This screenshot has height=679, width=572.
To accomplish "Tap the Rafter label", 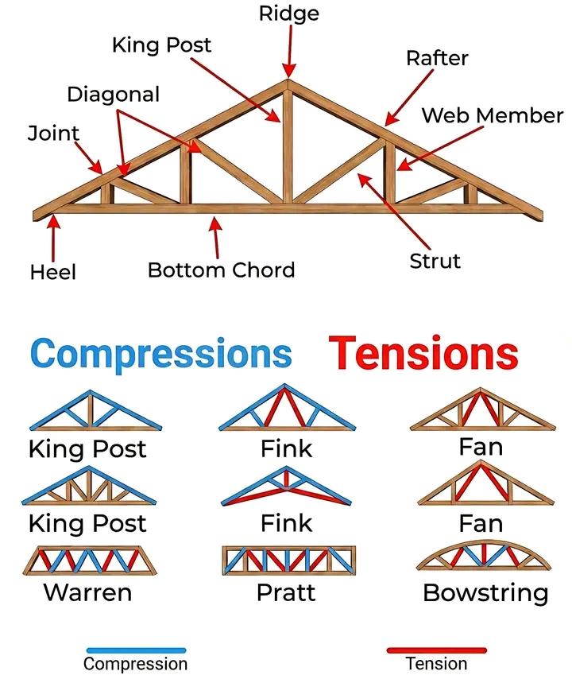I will pos(437,58).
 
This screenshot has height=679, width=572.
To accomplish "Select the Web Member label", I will pos(492,115).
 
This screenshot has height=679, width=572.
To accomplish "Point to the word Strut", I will pos(435,261).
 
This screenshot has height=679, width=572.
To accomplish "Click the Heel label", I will pos(53,273).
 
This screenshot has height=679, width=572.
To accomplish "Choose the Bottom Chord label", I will pos(221,270).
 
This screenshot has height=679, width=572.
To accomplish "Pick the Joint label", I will pos(53,133).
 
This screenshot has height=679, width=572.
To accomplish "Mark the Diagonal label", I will pos(113,95).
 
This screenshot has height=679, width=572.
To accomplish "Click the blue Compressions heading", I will pos(161,352).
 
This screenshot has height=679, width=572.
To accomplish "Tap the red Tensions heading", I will pos(423,352).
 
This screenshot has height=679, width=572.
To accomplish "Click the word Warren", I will pos(87,592).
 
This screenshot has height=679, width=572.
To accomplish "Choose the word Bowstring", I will pos(485,593).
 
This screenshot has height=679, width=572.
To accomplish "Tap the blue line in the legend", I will pos(136,650).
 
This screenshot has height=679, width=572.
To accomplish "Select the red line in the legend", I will pos(436,650).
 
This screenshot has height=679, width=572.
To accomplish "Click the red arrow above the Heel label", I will pos(53,237).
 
